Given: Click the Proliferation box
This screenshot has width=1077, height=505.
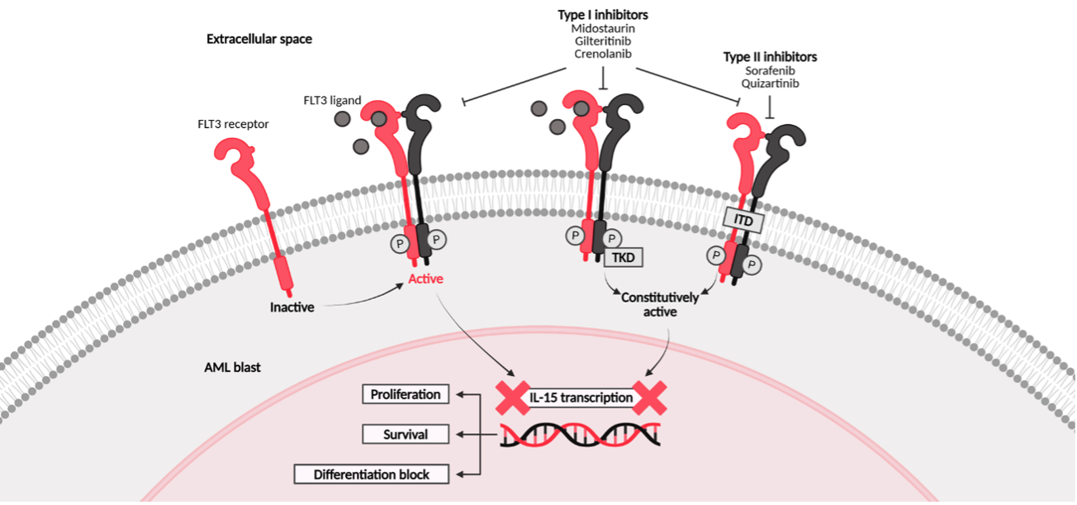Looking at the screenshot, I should [406, 394].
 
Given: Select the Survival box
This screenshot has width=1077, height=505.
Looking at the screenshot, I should [406, 434].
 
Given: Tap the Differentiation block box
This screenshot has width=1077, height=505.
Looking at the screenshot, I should [372, 474].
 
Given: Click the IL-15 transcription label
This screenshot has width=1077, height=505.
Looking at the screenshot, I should [581, 398].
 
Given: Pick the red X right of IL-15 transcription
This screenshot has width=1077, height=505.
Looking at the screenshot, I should [649, 398].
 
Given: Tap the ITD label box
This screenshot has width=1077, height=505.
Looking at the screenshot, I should [742, 219].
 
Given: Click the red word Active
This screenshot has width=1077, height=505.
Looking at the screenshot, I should [425, 279].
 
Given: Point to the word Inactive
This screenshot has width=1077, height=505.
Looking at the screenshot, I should [292, 307].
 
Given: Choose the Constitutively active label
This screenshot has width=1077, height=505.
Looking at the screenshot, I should [660, 304].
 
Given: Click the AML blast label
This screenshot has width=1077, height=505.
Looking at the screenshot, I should [232, 367].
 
